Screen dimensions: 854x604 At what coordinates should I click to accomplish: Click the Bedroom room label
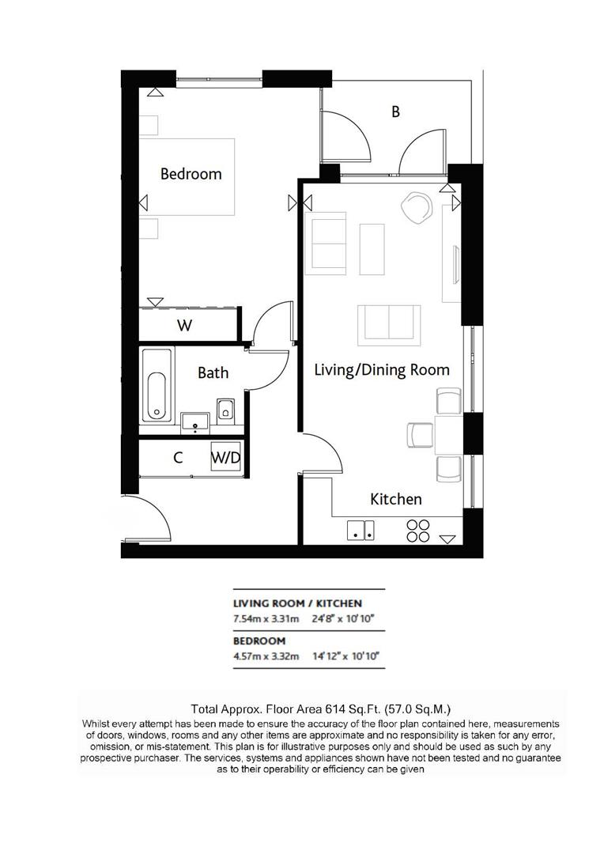[x=191, y=173]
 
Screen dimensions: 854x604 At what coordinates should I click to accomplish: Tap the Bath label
[x=213, y=372]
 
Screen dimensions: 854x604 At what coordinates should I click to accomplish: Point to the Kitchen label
[x=396, y=499]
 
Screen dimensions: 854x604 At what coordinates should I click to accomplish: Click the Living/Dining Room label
[x=382, y=369]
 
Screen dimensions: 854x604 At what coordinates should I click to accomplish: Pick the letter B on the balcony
[x=395, y=111]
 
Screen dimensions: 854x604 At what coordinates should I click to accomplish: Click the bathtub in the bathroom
[x=156, y=386]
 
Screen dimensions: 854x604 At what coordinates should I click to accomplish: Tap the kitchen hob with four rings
[x=417, y=531]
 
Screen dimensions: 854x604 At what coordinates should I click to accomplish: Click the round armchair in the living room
[x=417, y=207]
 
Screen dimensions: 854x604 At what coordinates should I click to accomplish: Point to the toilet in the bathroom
[x=225, y=410]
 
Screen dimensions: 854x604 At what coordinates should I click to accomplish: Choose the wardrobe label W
[x=184, y=325]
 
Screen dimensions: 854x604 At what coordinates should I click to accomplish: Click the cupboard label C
[x=179, y=457]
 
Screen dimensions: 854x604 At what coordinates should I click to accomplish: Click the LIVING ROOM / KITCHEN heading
[x=297, y=603]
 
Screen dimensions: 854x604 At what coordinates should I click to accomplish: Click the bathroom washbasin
[x=194, y=421]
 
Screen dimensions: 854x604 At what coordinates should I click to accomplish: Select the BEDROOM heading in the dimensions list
[x=259, y=640]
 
